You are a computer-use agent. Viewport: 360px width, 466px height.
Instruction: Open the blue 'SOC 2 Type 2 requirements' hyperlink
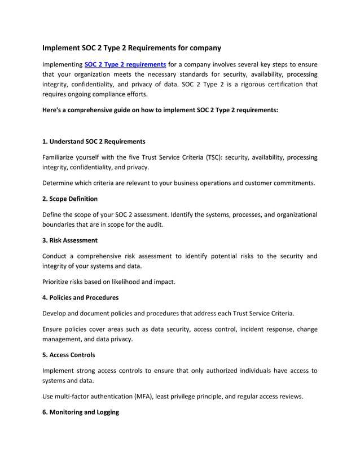coord(125,64)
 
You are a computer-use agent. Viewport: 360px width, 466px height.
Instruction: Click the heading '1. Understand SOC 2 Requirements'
coord(94,141)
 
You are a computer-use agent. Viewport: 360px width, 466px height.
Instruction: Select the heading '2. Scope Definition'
coord(70,199)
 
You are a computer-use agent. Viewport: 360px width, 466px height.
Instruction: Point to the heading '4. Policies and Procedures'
coord(80,297)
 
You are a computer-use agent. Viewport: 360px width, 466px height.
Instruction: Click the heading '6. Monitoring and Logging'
coord(81,412)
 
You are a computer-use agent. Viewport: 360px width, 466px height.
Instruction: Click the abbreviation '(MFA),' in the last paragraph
coord(150,397)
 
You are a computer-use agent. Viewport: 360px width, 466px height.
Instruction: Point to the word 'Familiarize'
coord(61,157)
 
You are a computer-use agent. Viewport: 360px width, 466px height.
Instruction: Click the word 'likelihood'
coord(134,281)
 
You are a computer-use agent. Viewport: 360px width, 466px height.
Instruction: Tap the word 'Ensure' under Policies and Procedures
coord(54,329)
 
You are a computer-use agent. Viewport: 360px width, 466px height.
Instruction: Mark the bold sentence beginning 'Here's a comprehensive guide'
coord(160,110)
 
